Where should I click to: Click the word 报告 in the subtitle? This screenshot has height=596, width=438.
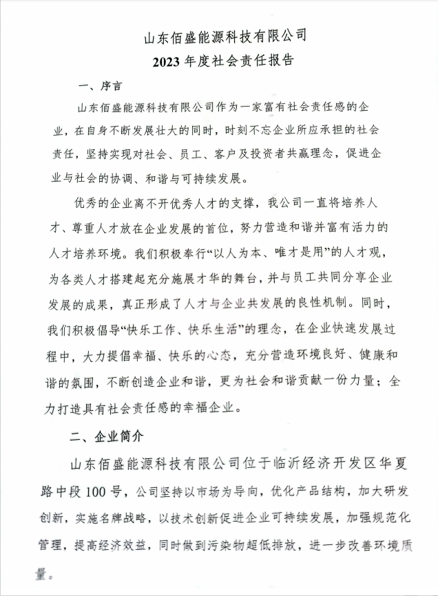[x=280, y=61]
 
